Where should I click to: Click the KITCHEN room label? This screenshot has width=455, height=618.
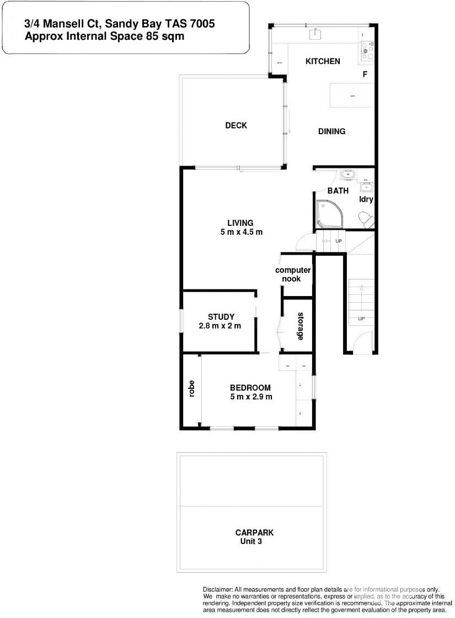(x=323, y=61)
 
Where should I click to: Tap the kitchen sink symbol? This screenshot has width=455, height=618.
(x=316, y=34)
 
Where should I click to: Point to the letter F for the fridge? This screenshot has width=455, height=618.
(x=365, y=75)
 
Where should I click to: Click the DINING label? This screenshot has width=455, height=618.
(x=331, y=131)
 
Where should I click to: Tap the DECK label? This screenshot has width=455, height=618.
(x=236, y=125)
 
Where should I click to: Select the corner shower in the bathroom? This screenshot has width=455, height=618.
(x=329, y=214)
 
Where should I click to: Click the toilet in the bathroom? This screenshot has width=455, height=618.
(x=366, y=220)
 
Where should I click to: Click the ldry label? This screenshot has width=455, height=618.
(x=366, y=199)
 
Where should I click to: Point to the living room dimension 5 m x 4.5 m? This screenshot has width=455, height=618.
(x=241, y=233)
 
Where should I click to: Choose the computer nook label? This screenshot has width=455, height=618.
(x=293, y=274)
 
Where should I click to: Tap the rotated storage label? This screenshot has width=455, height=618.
(x=301, y=326)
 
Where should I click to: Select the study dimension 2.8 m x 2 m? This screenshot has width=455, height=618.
(x=221, y=326)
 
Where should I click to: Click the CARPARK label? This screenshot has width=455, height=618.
(x=254, y=532)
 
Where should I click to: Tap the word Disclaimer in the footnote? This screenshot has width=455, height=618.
(x=218, y=590)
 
